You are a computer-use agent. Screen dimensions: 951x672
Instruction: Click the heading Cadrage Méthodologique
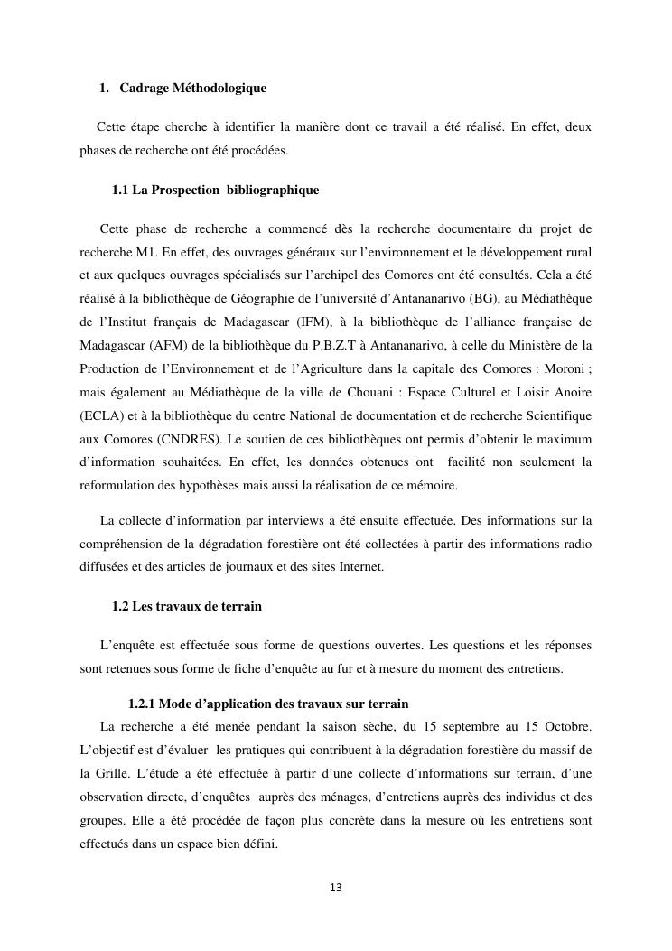192,88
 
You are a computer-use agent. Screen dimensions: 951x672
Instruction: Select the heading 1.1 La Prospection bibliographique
215,191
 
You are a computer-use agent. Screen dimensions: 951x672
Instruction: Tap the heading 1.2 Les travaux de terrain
187,606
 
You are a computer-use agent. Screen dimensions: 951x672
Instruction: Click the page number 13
335,888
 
